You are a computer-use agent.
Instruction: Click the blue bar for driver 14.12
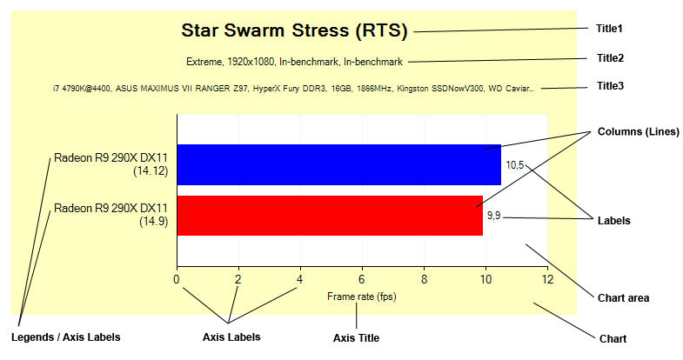tap(338, 164)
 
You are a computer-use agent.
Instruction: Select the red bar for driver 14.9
tap(330, 216)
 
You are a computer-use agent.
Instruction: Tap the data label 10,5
tap(515, 165)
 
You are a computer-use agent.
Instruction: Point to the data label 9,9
tap(494, 216)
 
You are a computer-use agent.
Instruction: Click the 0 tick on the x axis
tap(176, 279)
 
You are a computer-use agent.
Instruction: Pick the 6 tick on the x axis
tap(362, 279)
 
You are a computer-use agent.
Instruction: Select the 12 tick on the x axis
tap(547, 279)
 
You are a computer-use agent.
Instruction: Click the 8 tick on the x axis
tap(424, 279)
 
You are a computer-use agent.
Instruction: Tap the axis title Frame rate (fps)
tap(362, 297)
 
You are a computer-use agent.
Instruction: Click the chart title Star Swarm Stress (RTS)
tap(294, 30)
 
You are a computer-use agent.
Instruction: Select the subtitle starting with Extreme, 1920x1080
tap(294, 62)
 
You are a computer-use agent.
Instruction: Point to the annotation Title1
tap(609, 29)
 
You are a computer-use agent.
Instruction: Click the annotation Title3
tap(610, 86)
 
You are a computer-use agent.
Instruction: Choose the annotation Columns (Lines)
tap(638, 132)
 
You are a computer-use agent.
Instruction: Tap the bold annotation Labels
tap(613, 221)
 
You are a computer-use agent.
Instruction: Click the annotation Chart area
tap(623, 298)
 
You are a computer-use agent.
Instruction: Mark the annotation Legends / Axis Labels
tap(66, 337)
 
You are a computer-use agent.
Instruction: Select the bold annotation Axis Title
tap(357, 337)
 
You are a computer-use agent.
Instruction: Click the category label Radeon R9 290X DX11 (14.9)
tap(110, 215)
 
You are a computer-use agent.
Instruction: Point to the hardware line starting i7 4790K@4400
tap(293, 89)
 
